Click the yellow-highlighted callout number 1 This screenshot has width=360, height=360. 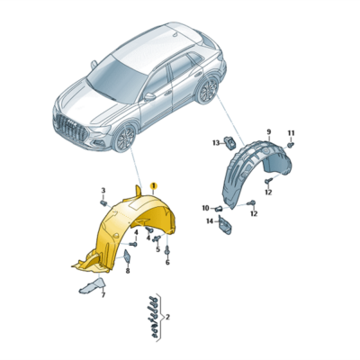click(153, 184)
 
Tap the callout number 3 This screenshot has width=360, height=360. click(103, 191)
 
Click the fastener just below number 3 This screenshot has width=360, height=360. click(103, 203)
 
